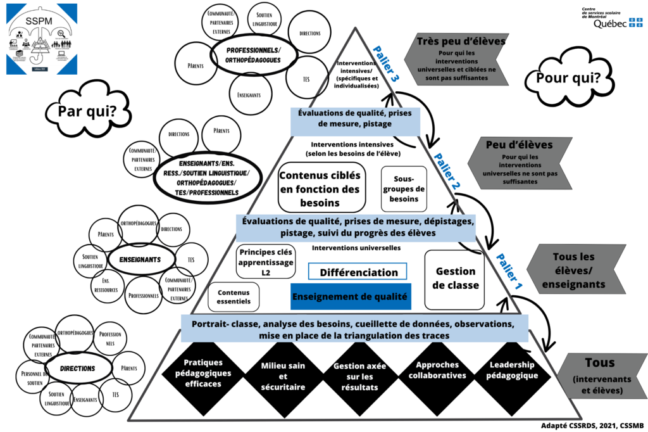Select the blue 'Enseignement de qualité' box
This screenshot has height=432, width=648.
(x=351, y=296)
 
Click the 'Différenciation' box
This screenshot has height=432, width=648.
(x=358, y=272)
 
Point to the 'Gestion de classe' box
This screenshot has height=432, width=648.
(x=454, y=278)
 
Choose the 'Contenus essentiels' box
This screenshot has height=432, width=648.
(x=234, y=297)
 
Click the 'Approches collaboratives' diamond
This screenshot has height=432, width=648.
(x=441, y=370)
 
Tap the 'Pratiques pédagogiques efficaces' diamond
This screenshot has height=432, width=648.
(x=202, y=374)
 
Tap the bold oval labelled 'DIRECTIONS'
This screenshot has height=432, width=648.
(x=78, y=368)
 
